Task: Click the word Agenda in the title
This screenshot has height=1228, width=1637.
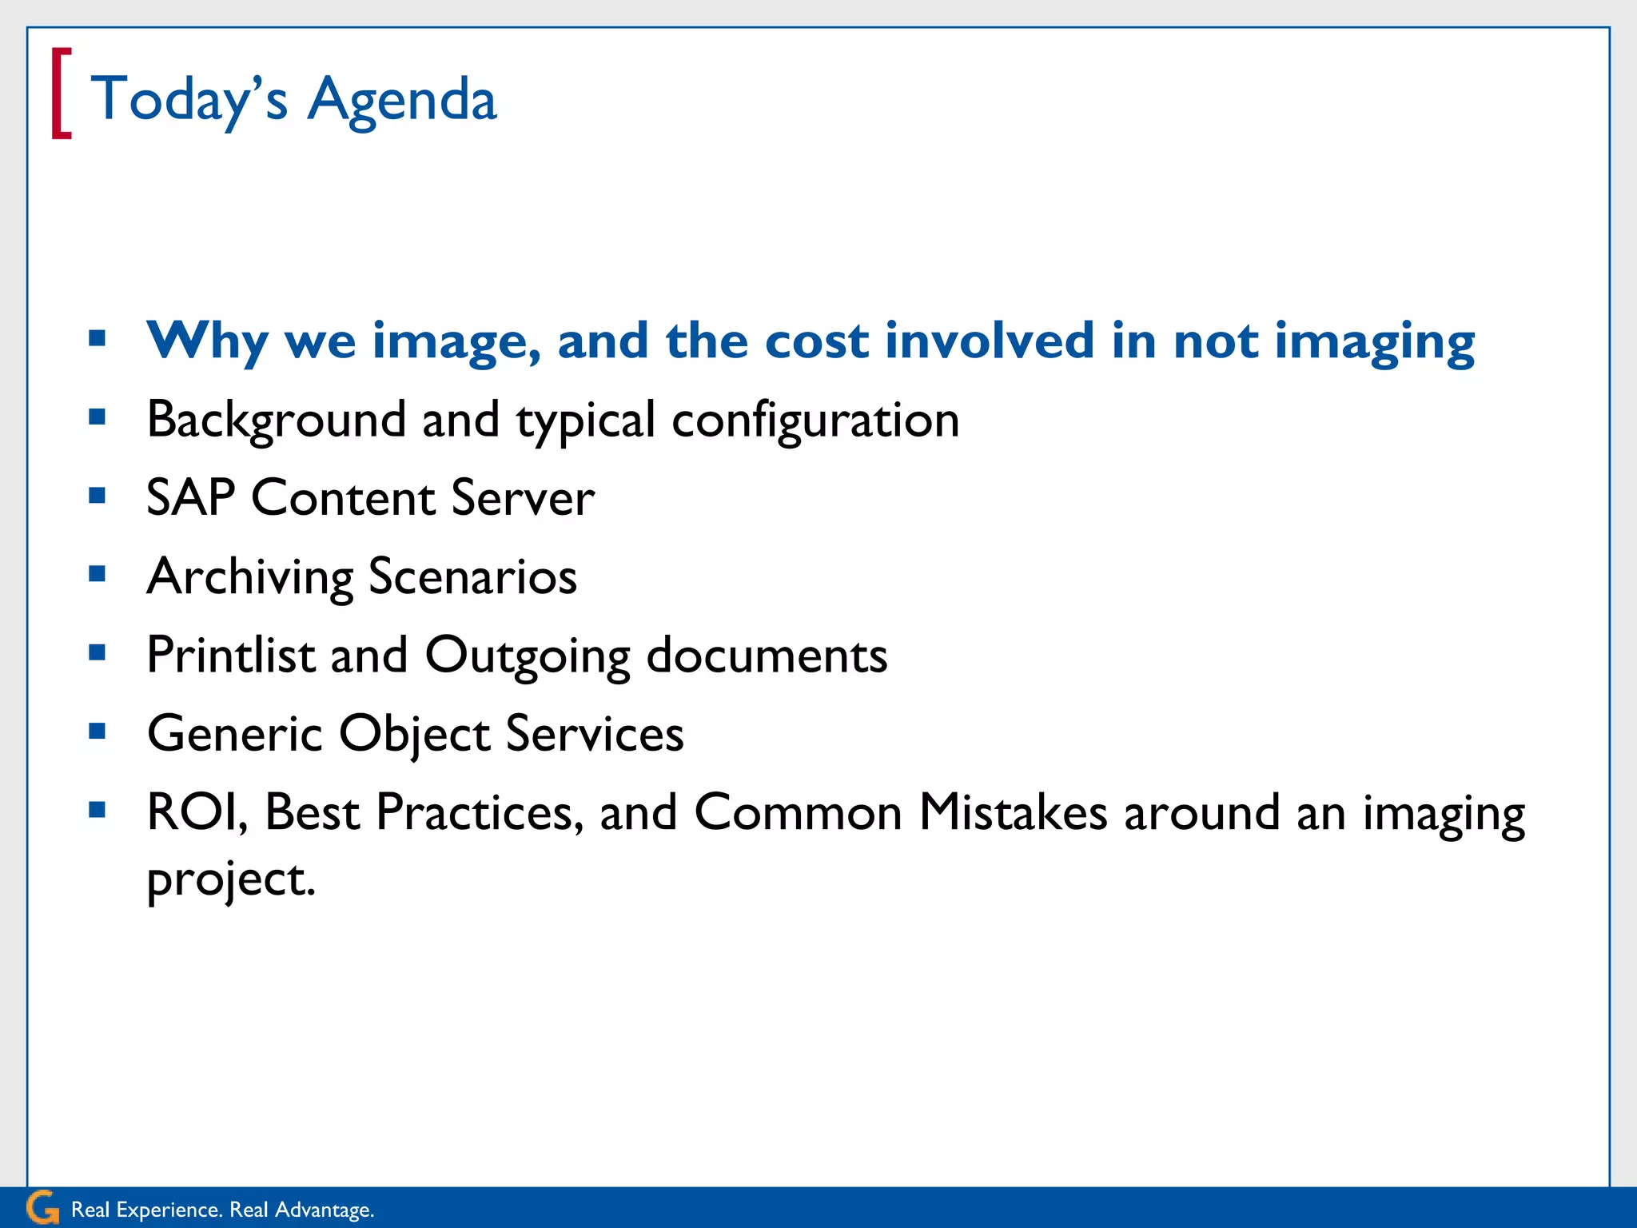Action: [402, 101]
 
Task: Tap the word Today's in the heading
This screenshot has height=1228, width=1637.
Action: [189, 99]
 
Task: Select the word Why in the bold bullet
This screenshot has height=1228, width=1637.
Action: [207, 341]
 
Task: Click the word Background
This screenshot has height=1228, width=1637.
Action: [277, 420]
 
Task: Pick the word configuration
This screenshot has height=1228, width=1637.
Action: [815, 421]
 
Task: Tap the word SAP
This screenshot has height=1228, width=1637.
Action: [190, 497]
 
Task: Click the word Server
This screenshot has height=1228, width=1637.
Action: [523, 497]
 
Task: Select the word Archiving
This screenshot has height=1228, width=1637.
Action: [250, 576]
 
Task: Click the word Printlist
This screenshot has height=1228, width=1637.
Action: [231, 655]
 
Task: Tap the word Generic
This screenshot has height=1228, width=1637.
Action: [235, 733]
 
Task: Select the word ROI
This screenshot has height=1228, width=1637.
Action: [197, 812]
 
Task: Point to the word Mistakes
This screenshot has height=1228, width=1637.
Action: [1014, 812]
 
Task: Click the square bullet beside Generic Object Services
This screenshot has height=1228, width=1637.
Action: [98, 731]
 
